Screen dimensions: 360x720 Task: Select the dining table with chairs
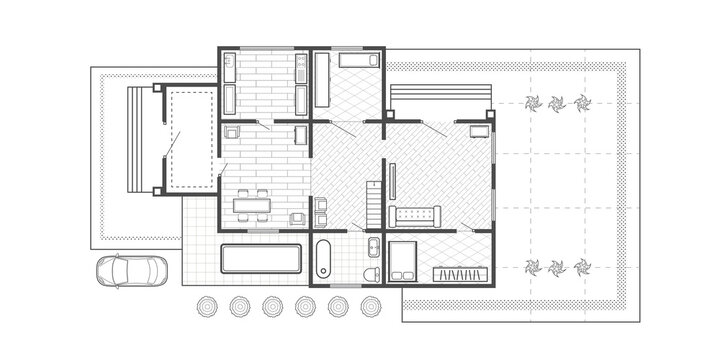point(253,206)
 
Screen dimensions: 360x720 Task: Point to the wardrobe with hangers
point(459,272)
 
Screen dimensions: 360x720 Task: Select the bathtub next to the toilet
point(324,260)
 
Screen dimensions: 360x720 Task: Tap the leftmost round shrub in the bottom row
point(210,306)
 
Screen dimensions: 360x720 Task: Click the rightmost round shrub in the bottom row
point(370,306)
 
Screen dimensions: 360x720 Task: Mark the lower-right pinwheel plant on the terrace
point(584,266)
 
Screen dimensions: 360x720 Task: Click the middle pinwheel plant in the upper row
point(557,101)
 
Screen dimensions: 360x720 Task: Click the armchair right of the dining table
point(297,217)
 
